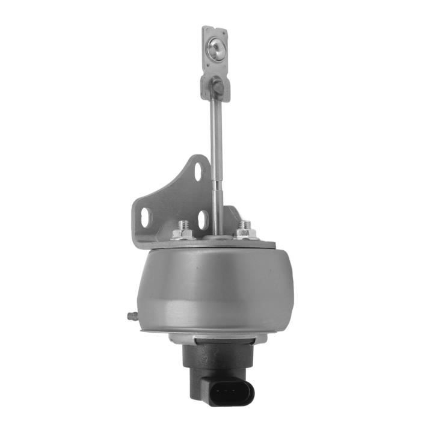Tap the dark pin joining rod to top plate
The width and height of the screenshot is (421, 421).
(x=217, y=87)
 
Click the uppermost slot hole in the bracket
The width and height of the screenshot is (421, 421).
(x=198, y=171)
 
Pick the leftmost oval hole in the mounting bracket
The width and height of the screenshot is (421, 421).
(x=146, y=217)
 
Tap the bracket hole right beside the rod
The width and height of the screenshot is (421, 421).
(x=203, y=219)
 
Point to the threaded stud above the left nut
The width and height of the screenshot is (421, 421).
(x=183, y=223)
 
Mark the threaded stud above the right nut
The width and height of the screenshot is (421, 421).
(x=244, y=224)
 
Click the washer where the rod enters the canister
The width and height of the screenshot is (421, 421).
(x=218, y=238)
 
